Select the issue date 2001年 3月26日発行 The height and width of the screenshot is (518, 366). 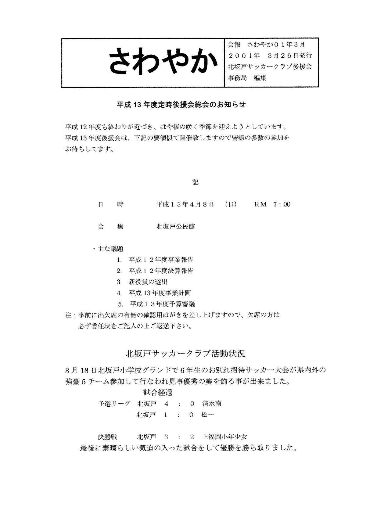270,56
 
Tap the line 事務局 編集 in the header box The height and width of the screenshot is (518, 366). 247,78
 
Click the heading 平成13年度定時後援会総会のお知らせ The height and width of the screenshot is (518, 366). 181,105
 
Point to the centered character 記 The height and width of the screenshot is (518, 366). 195,182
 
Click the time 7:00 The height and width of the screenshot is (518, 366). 282,204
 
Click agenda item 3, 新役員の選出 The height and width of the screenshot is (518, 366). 148,282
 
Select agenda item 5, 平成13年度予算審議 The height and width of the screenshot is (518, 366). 162,304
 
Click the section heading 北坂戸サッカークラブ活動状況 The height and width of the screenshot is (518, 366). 185,354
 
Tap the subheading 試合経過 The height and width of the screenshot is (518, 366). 158,393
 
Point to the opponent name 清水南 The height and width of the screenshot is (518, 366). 212,404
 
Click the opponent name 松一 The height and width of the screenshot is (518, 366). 208,415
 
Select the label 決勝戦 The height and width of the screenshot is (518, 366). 107,437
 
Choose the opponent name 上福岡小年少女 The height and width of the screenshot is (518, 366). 224,437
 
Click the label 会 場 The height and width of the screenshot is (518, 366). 110,227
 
